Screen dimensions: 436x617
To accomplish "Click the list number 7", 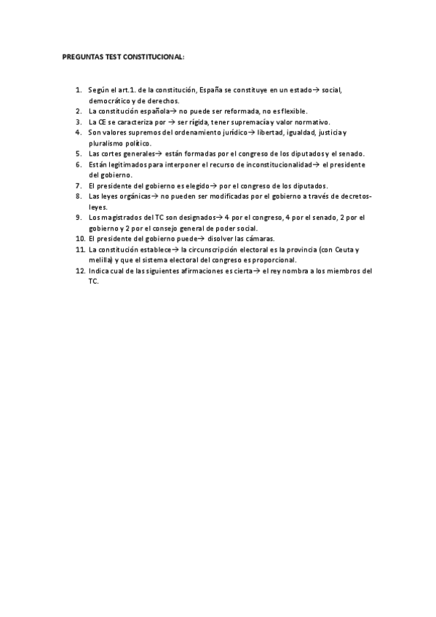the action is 78,186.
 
